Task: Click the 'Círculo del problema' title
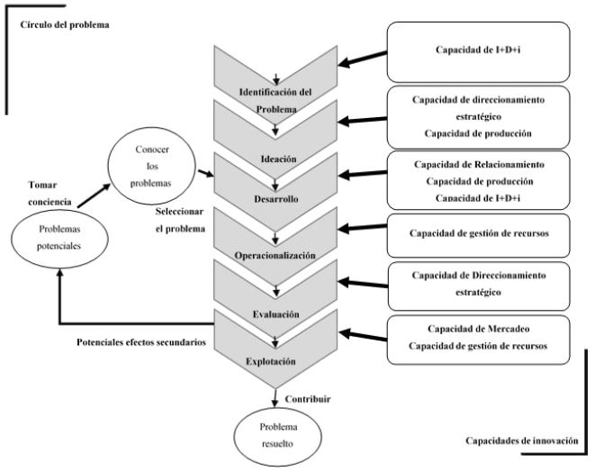click(x=64, y=24)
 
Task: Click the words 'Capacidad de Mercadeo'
click(x=478, y=329)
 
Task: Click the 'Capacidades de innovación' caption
click(x=521, y=441)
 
